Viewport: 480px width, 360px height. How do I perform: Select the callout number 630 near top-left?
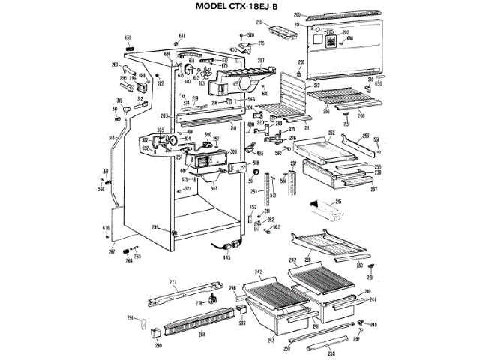click(x=127, y=37)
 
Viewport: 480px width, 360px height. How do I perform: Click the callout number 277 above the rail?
click(x=172, y=281)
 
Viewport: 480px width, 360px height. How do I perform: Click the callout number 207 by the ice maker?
click(x=262, y=61)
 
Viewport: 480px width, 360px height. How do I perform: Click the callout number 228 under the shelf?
click(x=307, y=259)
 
